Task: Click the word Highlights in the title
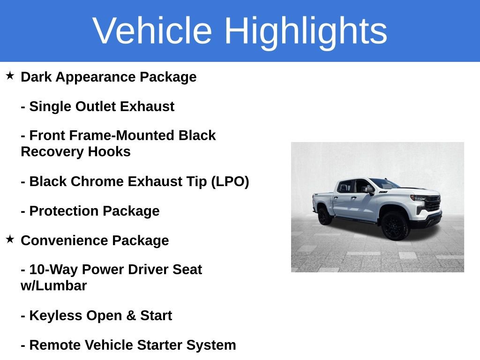pos(306,31)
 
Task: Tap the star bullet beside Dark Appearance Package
pos(10,75)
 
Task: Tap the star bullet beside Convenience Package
pos(10,239)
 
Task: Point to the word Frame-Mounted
pos(124,135)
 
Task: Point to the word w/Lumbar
pos(54,286)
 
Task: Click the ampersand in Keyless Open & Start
pos(131,315)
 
